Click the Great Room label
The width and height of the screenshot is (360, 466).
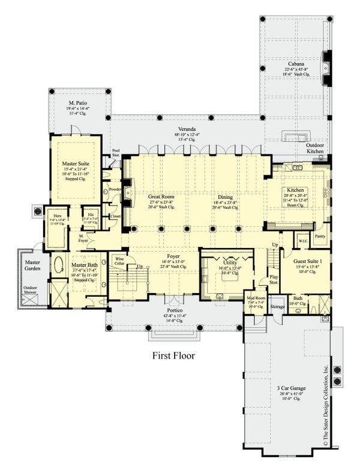(x=160, y=196)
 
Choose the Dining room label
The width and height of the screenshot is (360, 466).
(x=226, y=196)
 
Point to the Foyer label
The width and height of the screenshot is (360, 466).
(x=174, y=255)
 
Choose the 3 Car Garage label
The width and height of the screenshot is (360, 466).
(x=290, y=389)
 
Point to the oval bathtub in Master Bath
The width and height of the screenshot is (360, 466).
(x=59, y=266)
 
